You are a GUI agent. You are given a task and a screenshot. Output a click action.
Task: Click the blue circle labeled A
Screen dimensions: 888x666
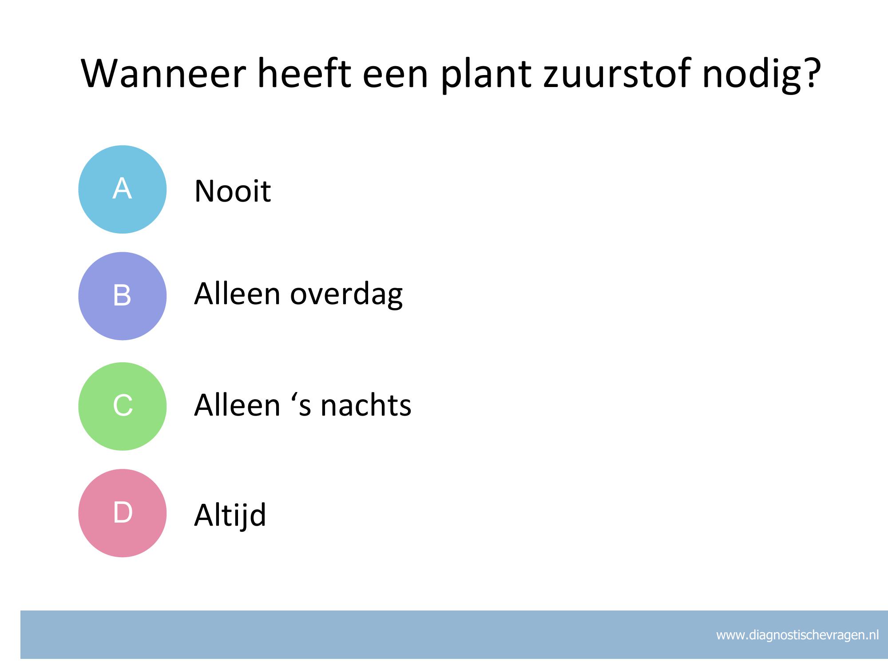click(x=123, y=190)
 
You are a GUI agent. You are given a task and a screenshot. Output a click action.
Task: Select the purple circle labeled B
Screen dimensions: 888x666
click(x=123, y=296)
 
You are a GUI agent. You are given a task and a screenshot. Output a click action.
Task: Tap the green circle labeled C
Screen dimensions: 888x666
click(x=123, y=406)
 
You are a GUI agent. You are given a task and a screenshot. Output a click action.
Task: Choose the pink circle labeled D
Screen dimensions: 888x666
click(x=123, y=513)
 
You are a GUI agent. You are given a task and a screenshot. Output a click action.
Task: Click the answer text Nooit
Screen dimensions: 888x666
click(x=233, y=191)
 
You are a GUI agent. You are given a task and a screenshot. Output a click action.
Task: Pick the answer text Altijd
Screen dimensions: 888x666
click(x=230, y=515)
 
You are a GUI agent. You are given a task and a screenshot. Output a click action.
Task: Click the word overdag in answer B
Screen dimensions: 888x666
click(x=346, y=295)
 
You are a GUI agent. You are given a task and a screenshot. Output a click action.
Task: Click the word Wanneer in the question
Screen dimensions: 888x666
click(x=163, y=73)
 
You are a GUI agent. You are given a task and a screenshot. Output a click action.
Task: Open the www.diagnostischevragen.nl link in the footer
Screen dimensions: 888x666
click(x=797, y=635)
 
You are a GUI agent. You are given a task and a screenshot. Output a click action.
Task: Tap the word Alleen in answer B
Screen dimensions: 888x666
click(x=238, y=293)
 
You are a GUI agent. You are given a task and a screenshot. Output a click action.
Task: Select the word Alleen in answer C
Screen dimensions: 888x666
click(x=238, y=404)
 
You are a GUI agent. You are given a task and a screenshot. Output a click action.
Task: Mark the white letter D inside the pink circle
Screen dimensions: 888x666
click(x=123, y=512)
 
